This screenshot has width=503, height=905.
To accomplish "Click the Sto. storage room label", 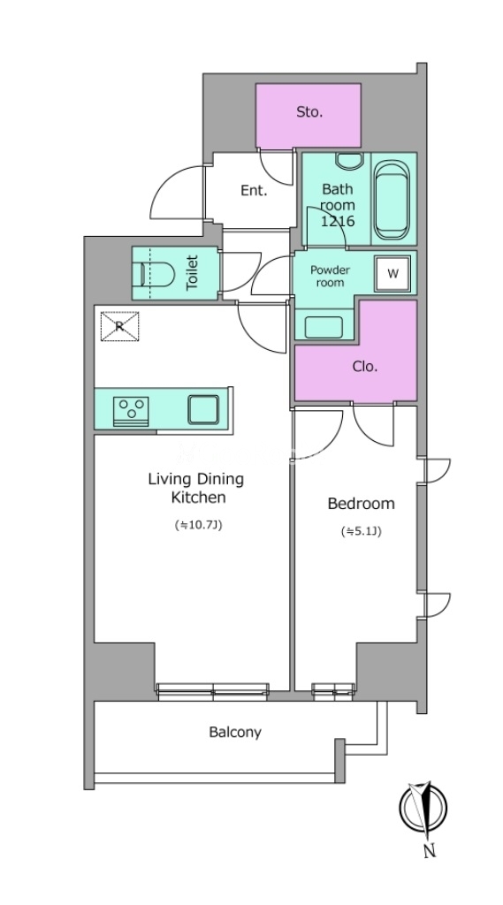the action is pos(309,112).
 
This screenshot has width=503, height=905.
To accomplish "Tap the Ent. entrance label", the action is pos(254,191).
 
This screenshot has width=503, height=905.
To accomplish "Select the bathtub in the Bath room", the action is pos(392,199).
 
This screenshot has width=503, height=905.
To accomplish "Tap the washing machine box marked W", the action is pos(393,274).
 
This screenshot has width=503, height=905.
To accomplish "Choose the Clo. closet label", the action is pos(365,367).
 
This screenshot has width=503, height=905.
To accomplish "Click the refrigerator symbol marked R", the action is pos(119,326).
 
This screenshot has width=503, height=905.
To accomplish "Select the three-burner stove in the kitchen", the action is pos(131,411).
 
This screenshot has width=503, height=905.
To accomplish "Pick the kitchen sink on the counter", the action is pos(203,410).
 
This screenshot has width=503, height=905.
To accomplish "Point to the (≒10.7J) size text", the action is pos(198,525).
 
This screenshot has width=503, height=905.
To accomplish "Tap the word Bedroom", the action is pos(361,503).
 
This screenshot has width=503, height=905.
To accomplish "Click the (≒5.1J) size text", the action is pos(362,531).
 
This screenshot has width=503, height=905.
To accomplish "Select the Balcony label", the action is pos(235,733).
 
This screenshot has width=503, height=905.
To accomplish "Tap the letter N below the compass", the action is pos(429,851).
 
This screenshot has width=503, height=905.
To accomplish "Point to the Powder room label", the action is pos(331,276).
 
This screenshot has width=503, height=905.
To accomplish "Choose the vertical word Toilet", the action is pos(193,272).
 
